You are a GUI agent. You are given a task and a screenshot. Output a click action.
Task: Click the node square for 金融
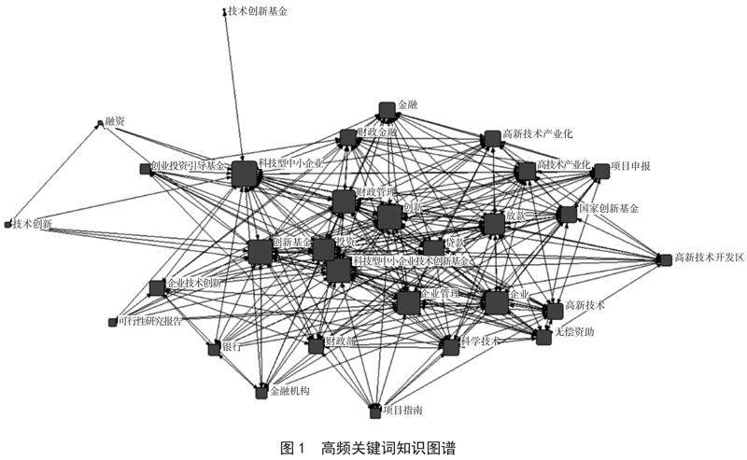point(387,109)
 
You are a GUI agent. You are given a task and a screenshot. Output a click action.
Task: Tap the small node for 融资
point(99,123)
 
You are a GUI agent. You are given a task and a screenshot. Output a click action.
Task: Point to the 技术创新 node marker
point(8,224)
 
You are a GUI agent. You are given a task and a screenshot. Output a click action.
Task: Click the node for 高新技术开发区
point(665,259)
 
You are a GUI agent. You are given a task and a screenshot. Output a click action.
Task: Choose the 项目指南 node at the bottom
point(376,410)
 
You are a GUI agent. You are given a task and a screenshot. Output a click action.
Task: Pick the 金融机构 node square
point(262,393)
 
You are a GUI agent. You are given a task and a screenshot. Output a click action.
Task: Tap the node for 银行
point(214,348)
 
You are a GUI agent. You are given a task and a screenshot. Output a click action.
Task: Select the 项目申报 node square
point(601,170)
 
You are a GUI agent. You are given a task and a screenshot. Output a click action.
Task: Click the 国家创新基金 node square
point(567,215)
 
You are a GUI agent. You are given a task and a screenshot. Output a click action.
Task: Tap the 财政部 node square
point(316,345)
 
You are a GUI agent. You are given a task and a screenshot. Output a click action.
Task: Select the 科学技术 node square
point(451,346)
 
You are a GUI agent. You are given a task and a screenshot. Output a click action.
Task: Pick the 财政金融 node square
point(348,138)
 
